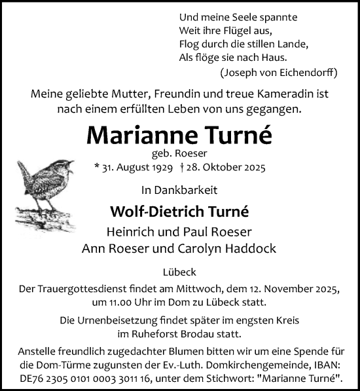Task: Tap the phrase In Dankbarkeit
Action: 179,191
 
